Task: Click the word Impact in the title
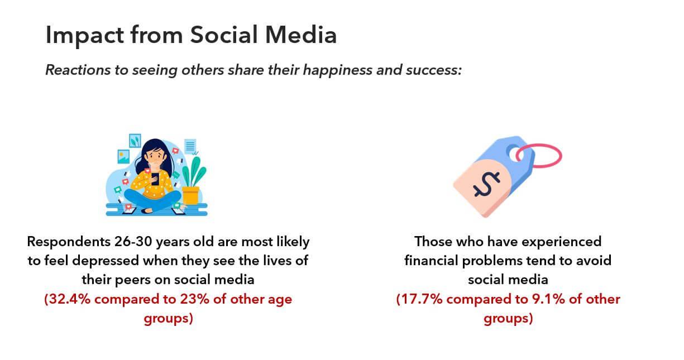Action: pos(84,36)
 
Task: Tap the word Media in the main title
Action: pos(301,35)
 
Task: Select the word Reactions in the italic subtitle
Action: pos(78,70)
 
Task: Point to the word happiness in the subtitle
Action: pos(337,70)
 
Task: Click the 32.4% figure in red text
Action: pos(68,299)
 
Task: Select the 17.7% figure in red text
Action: pos(419,299)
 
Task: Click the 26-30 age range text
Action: pos(133,242)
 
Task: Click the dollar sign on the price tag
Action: pos(486,184)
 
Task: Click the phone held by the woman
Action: pos(155,179)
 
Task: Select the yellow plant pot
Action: pos(190,195)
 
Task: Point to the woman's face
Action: pos(156,157)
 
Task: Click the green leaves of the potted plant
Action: pos(194,171)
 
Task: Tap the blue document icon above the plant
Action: pos(190,146)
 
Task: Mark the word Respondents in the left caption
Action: pos(69,242)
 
